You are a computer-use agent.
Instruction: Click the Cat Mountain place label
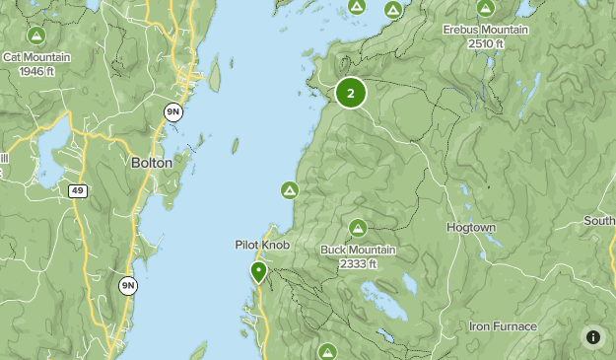point(36,57)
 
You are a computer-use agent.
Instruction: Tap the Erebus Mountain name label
point(486,31)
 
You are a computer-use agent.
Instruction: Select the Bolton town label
point(151,163)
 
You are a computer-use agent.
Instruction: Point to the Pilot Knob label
point(261,245)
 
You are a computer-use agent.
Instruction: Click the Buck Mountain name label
point(358,250)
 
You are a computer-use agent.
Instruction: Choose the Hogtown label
point(470,227)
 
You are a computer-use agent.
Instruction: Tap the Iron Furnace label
point(503,326)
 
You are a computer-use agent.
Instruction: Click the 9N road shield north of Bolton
point(172,112)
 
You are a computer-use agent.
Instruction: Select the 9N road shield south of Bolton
point(128,286)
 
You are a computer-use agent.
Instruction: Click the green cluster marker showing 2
point(351,94)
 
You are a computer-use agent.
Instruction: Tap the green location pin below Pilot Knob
point(258,271)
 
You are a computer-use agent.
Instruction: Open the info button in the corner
point(592,336)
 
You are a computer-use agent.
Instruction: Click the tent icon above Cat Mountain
point(36,36)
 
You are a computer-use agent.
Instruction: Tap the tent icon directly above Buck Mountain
point(358,228)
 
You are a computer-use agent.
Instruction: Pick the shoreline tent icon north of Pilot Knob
point(290,189)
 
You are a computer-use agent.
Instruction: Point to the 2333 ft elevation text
point(358,264)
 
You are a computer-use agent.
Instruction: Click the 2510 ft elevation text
point(486,44)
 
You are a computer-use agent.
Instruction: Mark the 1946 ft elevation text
point(36,71)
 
